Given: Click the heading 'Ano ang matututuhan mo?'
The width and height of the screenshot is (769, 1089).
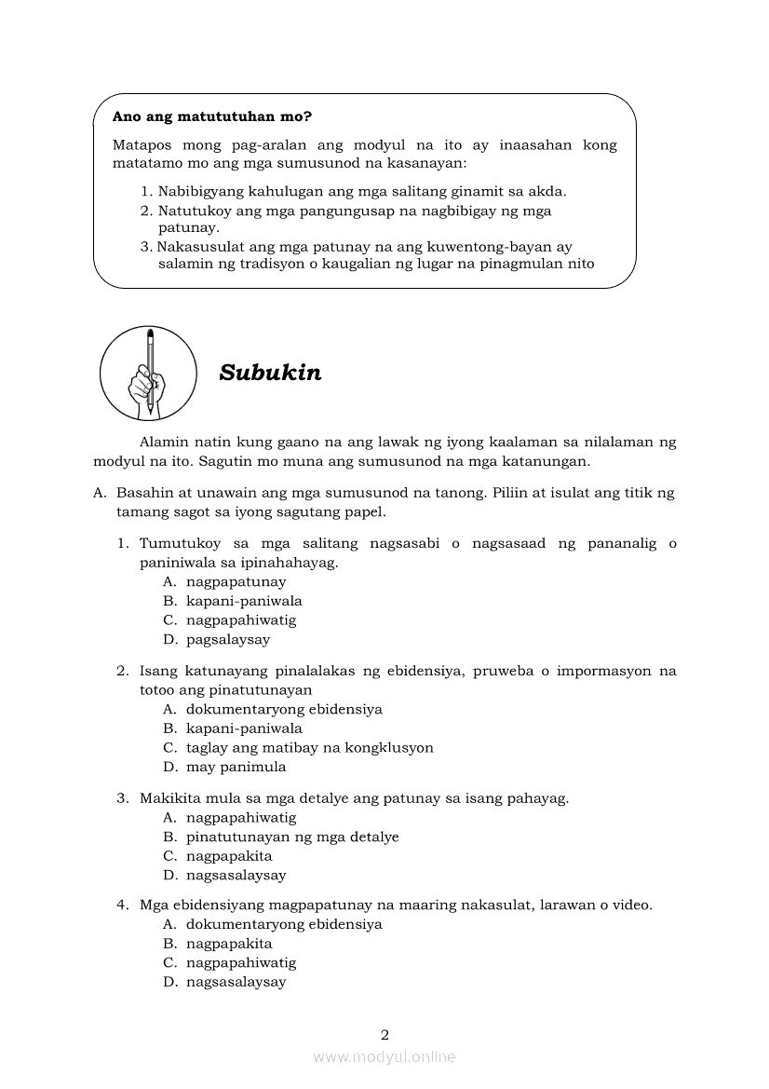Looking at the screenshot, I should pyautogui.click(x=211, y=117).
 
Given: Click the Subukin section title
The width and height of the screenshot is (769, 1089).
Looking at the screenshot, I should pyautogui.click(x=270, y=373).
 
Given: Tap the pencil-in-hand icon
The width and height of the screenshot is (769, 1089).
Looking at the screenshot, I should pyautogui.click(x=148, y=373).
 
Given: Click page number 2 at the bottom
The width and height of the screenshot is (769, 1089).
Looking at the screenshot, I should pyautogui.click(x=384, y=1034).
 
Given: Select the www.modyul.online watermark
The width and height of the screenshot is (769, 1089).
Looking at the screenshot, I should pyautogui.click(x=384, y=1056).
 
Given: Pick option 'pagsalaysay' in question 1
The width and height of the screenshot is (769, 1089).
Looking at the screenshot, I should pyautogui.click(x=228, y=640).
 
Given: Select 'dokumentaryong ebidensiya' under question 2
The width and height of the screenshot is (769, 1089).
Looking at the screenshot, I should pyautogui.click(x=284, y=709).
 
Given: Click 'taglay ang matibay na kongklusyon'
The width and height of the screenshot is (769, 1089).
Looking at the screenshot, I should pyautogui.click(x=309, y=748).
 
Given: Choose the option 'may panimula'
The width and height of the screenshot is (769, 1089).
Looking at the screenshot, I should pyautogui.click(x=236, y=768).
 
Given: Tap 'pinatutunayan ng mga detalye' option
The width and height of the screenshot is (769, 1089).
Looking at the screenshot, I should pyautogui.click(x=292, y=837).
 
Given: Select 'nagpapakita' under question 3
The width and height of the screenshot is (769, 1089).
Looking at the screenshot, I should pyautogui.click(x=229, y=856).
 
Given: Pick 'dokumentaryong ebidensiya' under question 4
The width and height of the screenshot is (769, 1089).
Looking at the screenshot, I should pyautogui.click(x=284, y=924).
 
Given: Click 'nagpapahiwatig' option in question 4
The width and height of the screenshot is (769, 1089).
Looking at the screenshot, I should pyautogui.click(x=241, y=963).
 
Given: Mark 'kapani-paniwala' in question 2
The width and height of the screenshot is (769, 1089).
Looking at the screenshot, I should pyautogui.click(x=244, y=728).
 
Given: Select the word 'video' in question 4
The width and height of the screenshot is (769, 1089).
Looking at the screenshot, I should pyautogui.click(x=630, y=905).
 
